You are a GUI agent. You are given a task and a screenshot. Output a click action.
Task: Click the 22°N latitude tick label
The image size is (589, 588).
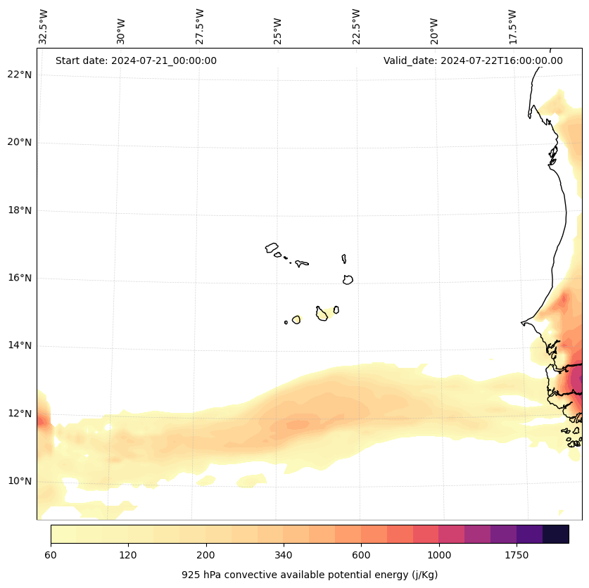click(20, 75)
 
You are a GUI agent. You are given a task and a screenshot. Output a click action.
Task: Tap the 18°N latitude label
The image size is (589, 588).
click(20, 210)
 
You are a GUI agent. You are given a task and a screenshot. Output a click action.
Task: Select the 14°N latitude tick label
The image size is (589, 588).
click(20, 345)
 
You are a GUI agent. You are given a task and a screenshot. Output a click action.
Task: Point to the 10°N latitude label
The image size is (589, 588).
click(20, 481)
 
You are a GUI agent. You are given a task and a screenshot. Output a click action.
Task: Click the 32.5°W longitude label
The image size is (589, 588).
click(44, 27)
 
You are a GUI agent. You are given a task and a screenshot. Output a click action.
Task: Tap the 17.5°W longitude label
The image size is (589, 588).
click(512, 27)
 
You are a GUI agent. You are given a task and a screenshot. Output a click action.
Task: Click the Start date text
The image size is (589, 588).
click(136, 60)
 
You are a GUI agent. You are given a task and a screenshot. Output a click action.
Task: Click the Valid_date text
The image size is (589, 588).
click(473, 60)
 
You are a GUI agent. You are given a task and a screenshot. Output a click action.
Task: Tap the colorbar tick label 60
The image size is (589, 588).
click(51, 556)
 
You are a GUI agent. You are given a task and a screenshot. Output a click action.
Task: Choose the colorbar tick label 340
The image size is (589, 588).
click(284, 556)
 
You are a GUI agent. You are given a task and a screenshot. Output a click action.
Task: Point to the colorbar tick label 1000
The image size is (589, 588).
click(438, 556)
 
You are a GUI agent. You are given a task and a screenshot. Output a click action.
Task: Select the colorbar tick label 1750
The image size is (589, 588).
click(517, 556)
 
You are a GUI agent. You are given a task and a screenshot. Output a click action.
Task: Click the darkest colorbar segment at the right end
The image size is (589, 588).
click(555, 534)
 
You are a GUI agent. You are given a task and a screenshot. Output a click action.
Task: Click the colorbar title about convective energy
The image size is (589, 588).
click(310, 575)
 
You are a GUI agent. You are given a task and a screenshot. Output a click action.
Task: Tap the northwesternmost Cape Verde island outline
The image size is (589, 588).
click(272, 248)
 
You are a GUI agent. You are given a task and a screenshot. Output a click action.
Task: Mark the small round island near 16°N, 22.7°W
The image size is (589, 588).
click(348, 279)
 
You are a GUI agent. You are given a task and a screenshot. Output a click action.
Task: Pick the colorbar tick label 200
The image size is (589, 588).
click(205, 556)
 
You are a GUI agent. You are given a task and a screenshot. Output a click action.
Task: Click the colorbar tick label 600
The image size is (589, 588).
click(361, 556)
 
